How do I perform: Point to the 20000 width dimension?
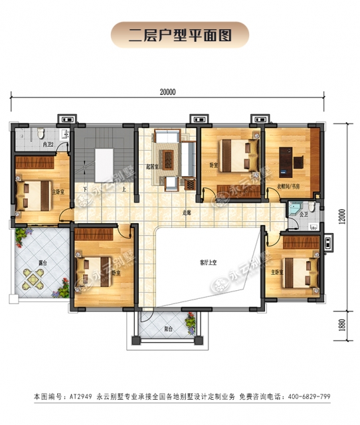point(167,93)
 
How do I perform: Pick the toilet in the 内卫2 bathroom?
point(41,131)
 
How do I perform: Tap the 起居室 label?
point(151,167)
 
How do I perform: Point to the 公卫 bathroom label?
point(303,215)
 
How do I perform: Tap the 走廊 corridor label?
point(187,213)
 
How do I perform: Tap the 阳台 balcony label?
point(169,329)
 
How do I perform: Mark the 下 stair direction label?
point(86,188)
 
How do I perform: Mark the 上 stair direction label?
point(124,188)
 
